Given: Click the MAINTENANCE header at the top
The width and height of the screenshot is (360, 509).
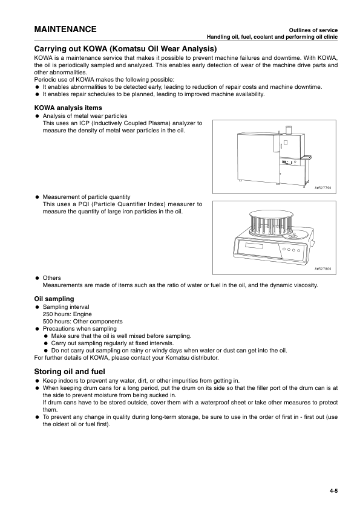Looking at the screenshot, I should coord(65,30).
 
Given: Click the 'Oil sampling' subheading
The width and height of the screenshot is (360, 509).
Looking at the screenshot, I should coord(54,299).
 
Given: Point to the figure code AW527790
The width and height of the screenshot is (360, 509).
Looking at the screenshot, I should coord(322,188).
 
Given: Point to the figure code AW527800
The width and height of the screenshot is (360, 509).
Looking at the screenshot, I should coord(322,269).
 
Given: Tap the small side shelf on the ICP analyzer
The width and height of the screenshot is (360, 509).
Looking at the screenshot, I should coord(307,157).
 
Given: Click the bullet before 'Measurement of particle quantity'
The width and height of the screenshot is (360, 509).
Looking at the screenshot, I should coord(38,197).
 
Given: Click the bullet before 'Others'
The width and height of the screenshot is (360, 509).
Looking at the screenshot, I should coord(38,278).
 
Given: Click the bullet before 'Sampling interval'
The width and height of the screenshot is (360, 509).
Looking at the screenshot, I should coord(38,307).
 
